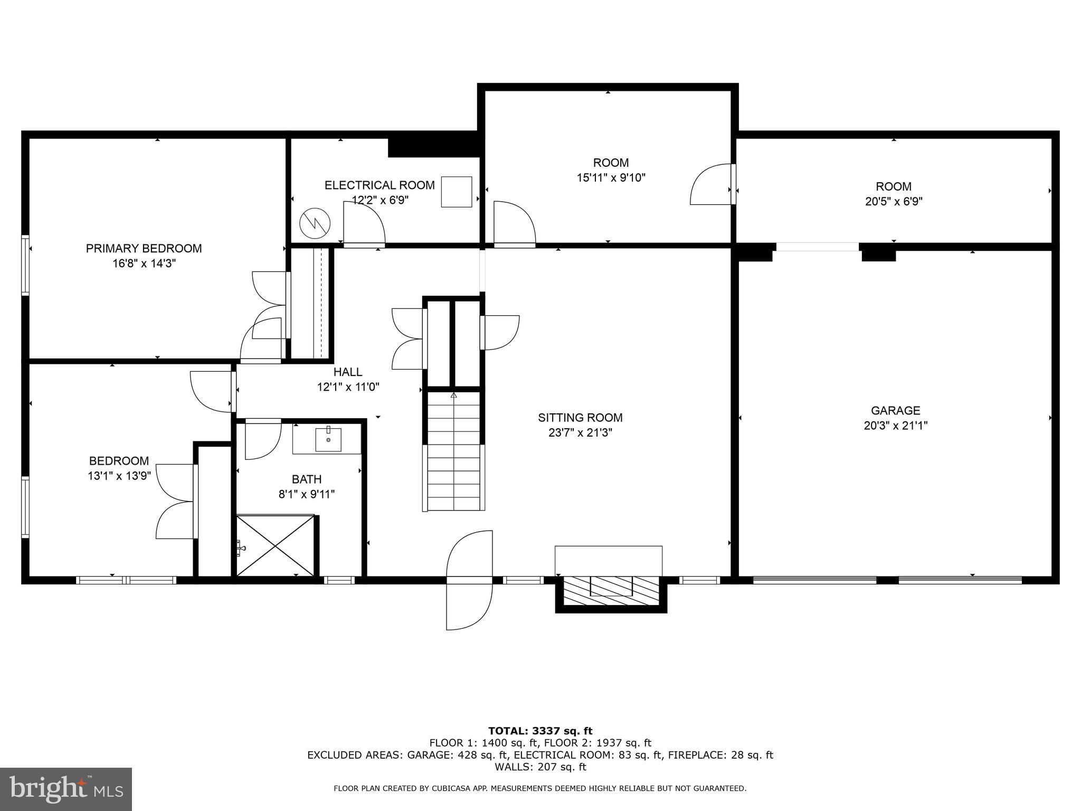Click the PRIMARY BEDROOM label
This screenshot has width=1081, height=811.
coord(144,248)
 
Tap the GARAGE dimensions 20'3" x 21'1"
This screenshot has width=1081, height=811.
coord(895,426)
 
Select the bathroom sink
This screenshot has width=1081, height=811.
coord(328,439)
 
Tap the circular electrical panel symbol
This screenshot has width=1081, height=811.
coord(315,224)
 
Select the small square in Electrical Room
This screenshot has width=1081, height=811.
coord(457,192)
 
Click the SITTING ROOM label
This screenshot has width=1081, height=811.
coord(580,418)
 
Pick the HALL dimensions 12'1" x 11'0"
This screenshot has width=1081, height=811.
coord(348,387)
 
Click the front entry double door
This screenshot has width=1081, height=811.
coord(469,580)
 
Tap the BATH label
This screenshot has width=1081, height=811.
coord(307,479)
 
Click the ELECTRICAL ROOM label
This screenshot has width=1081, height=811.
coord(380,185)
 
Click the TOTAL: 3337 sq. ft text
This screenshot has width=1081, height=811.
coord(540,731)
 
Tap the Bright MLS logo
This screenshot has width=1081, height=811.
coord(65,789)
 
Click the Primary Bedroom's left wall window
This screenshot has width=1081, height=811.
coord(25,265)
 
